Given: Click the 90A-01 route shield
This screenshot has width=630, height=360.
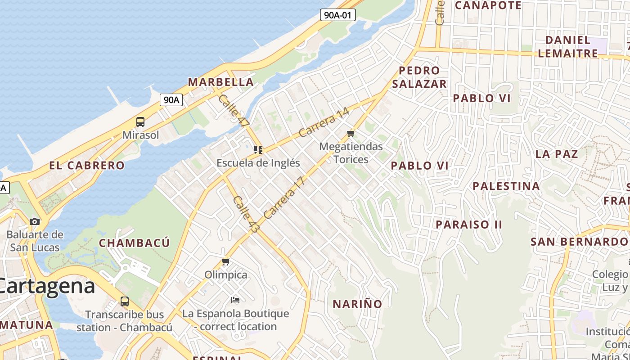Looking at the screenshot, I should pyautogui.click(x=338, y=15).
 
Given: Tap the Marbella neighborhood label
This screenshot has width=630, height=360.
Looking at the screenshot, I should pyautogui.click(x=220, y=82).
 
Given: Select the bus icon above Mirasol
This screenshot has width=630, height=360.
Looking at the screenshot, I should pyautogui.click(x=140, y=121).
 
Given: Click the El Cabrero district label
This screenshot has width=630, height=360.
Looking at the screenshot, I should pyautogui.click(x=87, y=165).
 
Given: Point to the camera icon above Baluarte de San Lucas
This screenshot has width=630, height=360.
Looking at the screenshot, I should pyautogui.click(x=35, y=221).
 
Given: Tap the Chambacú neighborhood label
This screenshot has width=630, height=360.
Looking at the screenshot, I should pyautogui.click(x=134, y=243).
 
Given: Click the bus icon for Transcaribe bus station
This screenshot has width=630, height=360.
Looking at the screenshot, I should pyautogui.click(x=125, y=301).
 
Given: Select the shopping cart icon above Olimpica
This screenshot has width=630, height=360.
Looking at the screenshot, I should pyautogui.click(x=226, y=261).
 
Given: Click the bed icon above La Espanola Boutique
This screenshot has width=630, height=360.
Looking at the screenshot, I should pyautogui.click(x=235, y=300).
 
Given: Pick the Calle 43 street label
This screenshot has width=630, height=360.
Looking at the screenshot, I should pyautogui.click(x=246, y=214).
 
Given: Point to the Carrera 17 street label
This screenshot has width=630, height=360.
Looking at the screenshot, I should pyautogui.click(x=284, y=198).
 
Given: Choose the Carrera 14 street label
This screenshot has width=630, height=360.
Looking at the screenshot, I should pyautogui.click(x=324, y=122).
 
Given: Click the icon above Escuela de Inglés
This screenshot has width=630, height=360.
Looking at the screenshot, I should pyautogui.click(x=258, y=149).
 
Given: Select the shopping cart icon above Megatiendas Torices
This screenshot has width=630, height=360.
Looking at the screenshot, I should pyautogui.click(x=351, y=133).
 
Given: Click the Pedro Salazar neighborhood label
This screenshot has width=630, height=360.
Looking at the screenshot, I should pyautogui.click(x=419, y=77).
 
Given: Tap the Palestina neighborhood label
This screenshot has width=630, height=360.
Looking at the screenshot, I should pyautogui.click(x=506, y=186).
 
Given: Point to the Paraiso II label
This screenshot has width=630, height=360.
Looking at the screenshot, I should pyautogui.click(x=468, y=224).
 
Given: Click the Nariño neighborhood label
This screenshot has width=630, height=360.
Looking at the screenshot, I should pyautogui.click(x=357, y=304).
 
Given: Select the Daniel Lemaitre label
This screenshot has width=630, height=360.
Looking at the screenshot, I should pyautogui.click(x=567, y=46).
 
